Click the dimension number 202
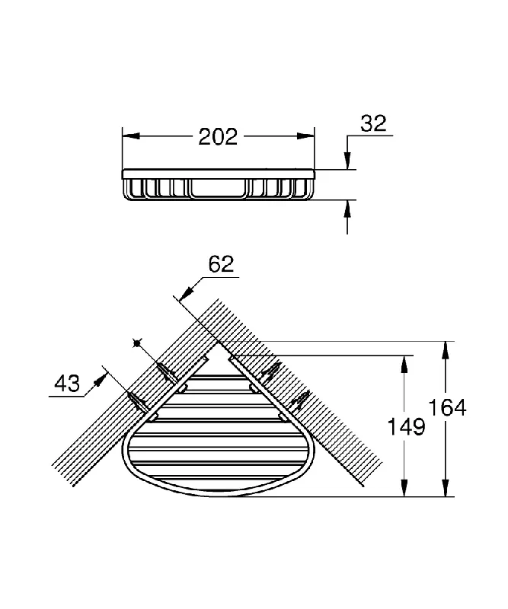pos(218,137)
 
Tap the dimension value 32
pos(373,123)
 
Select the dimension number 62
pos(221,264)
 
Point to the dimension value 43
pos(67,384)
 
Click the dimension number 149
pos(407,427)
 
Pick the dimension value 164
pos(447,408)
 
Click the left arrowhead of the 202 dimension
pos(131,136)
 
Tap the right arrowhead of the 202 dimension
pos(305,136)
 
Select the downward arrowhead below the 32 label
pos(347,161)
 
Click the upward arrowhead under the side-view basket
pos(347,209)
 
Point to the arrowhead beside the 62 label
pos(187,293)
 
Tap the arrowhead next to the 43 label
pos(100,379)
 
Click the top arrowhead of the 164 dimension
pos(446,351)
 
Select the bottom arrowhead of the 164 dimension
pos(446,487)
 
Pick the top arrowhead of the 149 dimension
pos(404,365)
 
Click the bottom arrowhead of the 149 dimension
pos(404,487)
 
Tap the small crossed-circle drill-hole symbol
pos(136,343)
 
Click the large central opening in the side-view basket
pos(218,187)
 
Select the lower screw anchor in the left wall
pos(138,402)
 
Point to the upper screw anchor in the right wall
pos(271,371)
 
